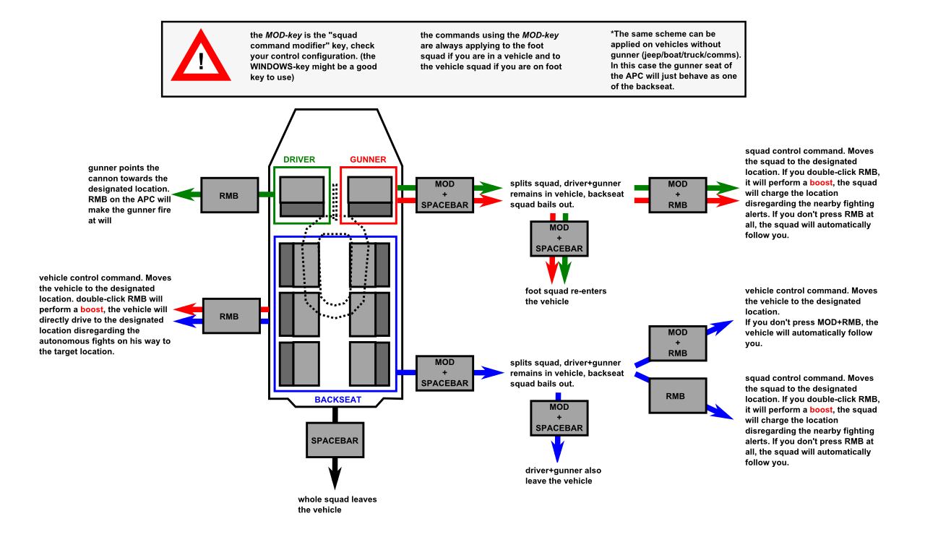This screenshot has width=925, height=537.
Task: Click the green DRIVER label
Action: coord(299,159)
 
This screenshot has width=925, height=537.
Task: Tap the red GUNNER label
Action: coord(368,159)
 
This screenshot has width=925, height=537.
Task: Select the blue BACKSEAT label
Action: coord(337,399)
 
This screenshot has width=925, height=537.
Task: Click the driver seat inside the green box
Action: coord(301,196)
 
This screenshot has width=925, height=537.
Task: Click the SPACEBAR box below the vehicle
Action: coord(335,440)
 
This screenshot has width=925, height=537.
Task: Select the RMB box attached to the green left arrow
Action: coord(228,195)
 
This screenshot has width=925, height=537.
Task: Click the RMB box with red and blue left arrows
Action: coord(228,316)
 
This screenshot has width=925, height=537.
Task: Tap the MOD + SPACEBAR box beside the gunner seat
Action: coord(444,194)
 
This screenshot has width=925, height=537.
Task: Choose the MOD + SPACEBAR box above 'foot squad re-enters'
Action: coord(559,238)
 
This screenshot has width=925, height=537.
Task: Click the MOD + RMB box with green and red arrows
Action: coord(677,194)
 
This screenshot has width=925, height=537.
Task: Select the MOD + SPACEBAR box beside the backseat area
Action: coord(444,373)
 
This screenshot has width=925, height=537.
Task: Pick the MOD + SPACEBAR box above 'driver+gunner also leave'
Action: coord(559,418)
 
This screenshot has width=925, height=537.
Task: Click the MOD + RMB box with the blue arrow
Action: coord(677,343)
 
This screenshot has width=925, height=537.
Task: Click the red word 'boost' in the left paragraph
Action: coord(92,309)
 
